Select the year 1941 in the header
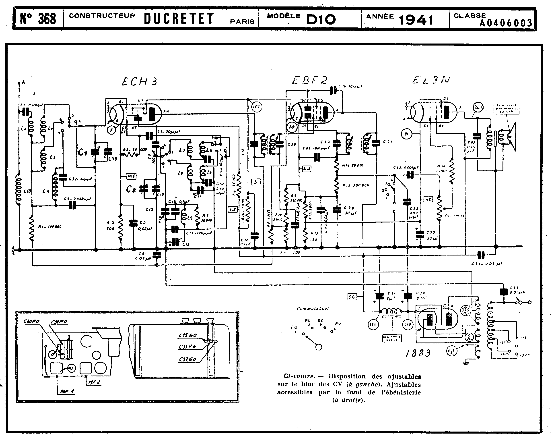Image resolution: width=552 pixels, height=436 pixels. point(416,19)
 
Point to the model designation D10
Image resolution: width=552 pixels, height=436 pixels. point(321,19)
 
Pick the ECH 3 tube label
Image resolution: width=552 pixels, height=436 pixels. point(140,81)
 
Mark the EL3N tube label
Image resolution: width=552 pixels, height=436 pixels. point(431,80)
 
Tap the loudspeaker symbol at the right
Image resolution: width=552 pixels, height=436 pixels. point(511,137)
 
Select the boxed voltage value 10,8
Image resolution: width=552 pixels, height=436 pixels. point(131,176)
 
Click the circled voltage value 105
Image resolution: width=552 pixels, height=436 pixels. point(256,107)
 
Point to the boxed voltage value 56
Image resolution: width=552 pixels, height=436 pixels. point(352,297)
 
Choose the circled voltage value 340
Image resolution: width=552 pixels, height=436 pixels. point(408,324)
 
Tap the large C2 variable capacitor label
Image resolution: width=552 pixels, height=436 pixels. point(131,189)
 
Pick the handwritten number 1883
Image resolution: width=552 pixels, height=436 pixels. point(418,353)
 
